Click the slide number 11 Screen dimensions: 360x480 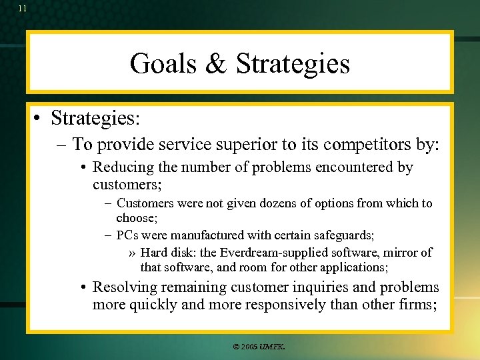(23, 9)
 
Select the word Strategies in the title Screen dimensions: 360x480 (293, 63)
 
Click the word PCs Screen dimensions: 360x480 (128, 235)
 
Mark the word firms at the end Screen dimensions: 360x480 (419, 305)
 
